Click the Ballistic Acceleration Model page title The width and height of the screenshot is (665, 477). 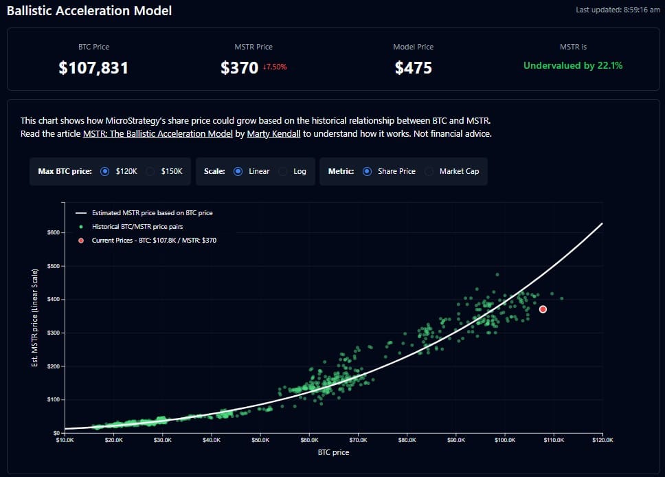tap(89, 11)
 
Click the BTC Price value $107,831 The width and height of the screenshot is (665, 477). tap(93, 67)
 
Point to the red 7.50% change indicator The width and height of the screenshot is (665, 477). tap(274, 67)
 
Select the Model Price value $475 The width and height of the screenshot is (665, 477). tap(413, 67)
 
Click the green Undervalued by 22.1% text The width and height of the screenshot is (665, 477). tap(573, 65)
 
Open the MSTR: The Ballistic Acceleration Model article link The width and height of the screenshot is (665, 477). tap(157, 133)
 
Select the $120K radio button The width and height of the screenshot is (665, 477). tap(105, 171)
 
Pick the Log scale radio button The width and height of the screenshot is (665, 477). tap(283, 171)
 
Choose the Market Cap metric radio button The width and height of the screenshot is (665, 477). tap(429, 171)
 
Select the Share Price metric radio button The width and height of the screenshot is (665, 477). tap(367, 171)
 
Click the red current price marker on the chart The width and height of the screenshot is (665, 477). tap(543, 309)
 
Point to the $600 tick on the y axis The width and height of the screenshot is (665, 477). tap(52, 232)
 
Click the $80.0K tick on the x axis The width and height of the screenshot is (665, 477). tap(407, 439)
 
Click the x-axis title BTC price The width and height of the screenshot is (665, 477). tap(333, 452)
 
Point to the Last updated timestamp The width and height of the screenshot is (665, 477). tap(618, 10)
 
